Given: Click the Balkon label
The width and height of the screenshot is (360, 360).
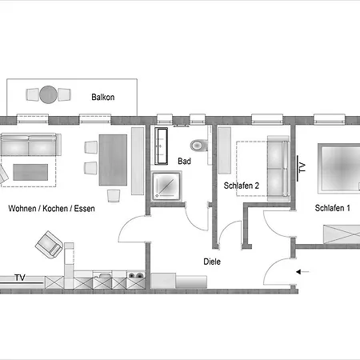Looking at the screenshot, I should (x=102, y=98).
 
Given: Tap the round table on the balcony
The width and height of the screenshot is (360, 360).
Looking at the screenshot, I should (x=50, y=94).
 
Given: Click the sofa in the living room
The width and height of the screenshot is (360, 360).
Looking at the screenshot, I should (x=30, y=146).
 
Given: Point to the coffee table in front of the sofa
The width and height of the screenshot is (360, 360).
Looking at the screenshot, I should (x=30, y=171).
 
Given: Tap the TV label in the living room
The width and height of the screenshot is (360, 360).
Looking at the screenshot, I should (x=19, y=278).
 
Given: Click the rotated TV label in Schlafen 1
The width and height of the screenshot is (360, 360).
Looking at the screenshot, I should (x=302, y=167).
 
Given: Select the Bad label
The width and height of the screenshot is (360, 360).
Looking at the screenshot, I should (x=184, y=161).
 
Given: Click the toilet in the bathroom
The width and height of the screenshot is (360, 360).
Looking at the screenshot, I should (x=198, y=146).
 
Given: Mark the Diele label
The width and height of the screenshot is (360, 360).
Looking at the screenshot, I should (x=212, y=261).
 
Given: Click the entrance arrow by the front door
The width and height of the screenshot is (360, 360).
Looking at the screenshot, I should (x=304, y=272).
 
